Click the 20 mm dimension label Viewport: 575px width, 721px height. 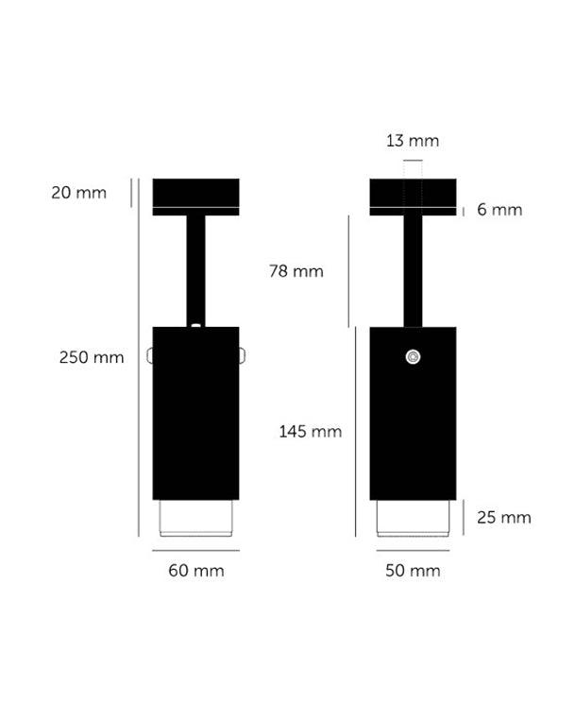pos(78,193)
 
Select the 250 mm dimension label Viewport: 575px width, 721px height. pos(92,357)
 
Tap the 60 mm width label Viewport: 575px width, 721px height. pos(196,571)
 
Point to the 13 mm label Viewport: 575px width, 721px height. pos(413,141)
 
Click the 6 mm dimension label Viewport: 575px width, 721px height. pos(499,210)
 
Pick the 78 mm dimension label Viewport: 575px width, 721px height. pos(296,271)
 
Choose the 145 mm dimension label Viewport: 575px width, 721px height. pos(311,432)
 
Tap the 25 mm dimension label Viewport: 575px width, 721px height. pos(504,518)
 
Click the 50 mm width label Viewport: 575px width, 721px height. pos(413,571)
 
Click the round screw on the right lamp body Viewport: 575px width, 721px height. pos(414,357)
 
